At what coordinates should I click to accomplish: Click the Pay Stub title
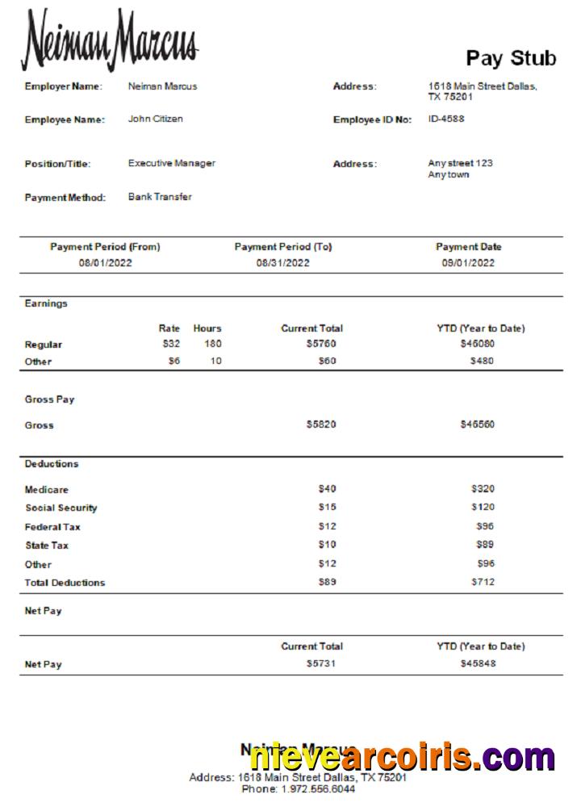point(511,58)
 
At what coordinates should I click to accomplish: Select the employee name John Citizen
point(155,119)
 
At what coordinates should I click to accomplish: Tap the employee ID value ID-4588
point(445,119)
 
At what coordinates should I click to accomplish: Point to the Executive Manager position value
point(171,163)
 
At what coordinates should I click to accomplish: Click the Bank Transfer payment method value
point(160,197)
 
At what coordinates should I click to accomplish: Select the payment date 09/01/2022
point(468,263)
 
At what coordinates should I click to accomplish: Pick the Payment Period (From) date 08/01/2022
point(105,263)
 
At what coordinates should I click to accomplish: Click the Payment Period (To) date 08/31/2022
point(283,263)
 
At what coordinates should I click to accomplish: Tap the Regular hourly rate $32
point(170,344)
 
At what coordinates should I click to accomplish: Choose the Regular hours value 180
point(212,344)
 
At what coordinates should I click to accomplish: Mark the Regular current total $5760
point(321,344)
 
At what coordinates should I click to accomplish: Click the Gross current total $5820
point(321,424)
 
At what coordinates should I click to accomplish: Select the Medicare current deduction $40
point(327,489)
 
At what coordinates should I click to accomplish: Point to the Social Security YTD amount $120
point(483,508)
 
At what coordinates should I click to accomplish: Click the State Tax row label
point(47,546)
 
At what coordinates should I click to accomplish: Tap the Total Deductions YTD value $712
point(483,583)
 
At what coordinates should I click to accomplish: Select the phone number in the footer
point(298,789)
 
